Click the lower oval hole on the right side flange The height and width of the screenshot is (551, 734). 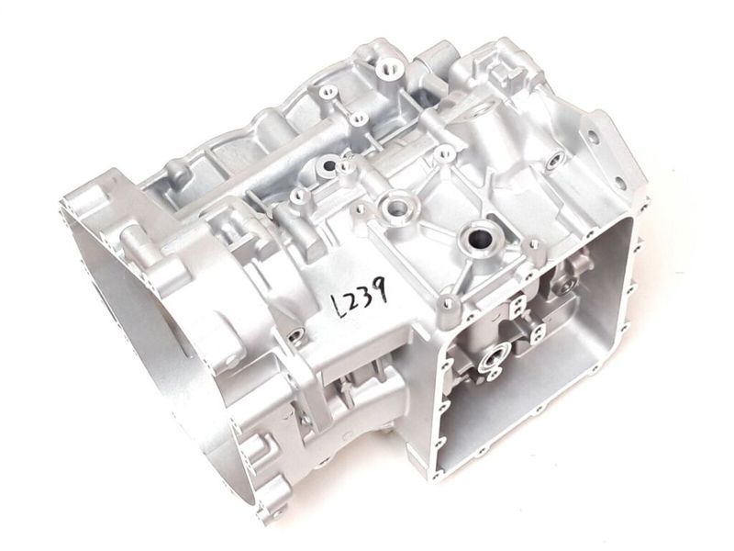click(x=619, y=182)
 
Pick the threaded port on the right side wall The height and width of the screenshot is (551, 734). click(x=553, y=162)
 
